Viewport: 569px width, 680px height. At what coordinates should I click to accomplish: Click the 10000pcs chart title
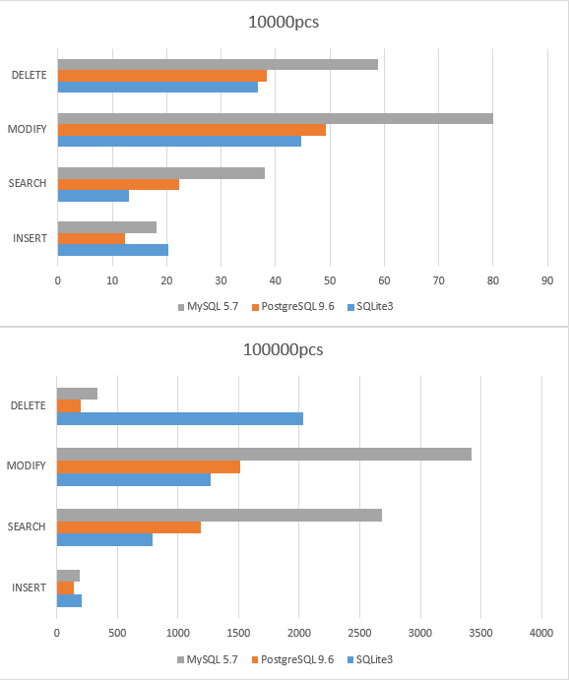pyautogui.click(x=284, y=22)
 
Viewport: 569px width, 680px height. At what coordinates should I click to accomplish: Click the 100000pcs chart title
pyautogui.click(x=284, y=349)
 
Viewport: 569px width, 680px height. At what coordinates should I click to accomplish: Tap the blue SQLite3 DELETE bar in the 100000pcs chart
pyautogui.click(x=179, y=418)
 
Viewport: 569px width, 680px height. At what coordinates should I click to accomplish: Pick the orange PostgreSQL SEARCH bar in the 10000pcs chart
pyautogui.click(x=118, y=184)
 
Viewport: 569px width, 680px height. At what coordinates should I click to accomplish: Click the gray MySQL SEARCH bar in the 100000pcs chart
pyautogui.click(x=219, y=515)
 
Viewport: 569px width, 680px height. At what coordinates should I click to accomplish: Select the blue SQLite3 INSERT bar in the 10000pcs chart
pyautogui.click(x=112, y=249)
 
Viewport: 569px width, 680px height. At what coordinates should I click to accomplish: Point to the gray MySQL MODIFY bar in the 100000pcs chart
pyautogui.click(x=264, y=454)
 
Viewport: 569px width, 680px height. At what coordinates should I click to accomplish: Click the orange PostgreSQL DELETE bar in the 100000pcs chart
pyautogui.click(x=68, y=405)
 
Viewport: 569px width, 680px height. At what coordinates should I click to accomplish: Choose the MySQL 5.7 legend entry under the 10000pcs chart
pyautogui.click(x=211, y=306)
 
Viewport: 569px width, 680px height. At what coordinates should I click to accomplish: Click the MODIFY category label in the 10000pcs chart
pyautogui.click(x=27, y=130)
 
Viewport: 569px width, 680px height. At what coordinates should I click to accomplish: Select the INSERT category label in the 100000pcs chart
pyautogui.click(x=29, y=587)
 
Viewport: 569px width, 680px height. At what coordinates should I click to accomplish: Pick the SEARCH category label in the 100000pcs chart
pyautogui.click(x=27, y=526)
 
